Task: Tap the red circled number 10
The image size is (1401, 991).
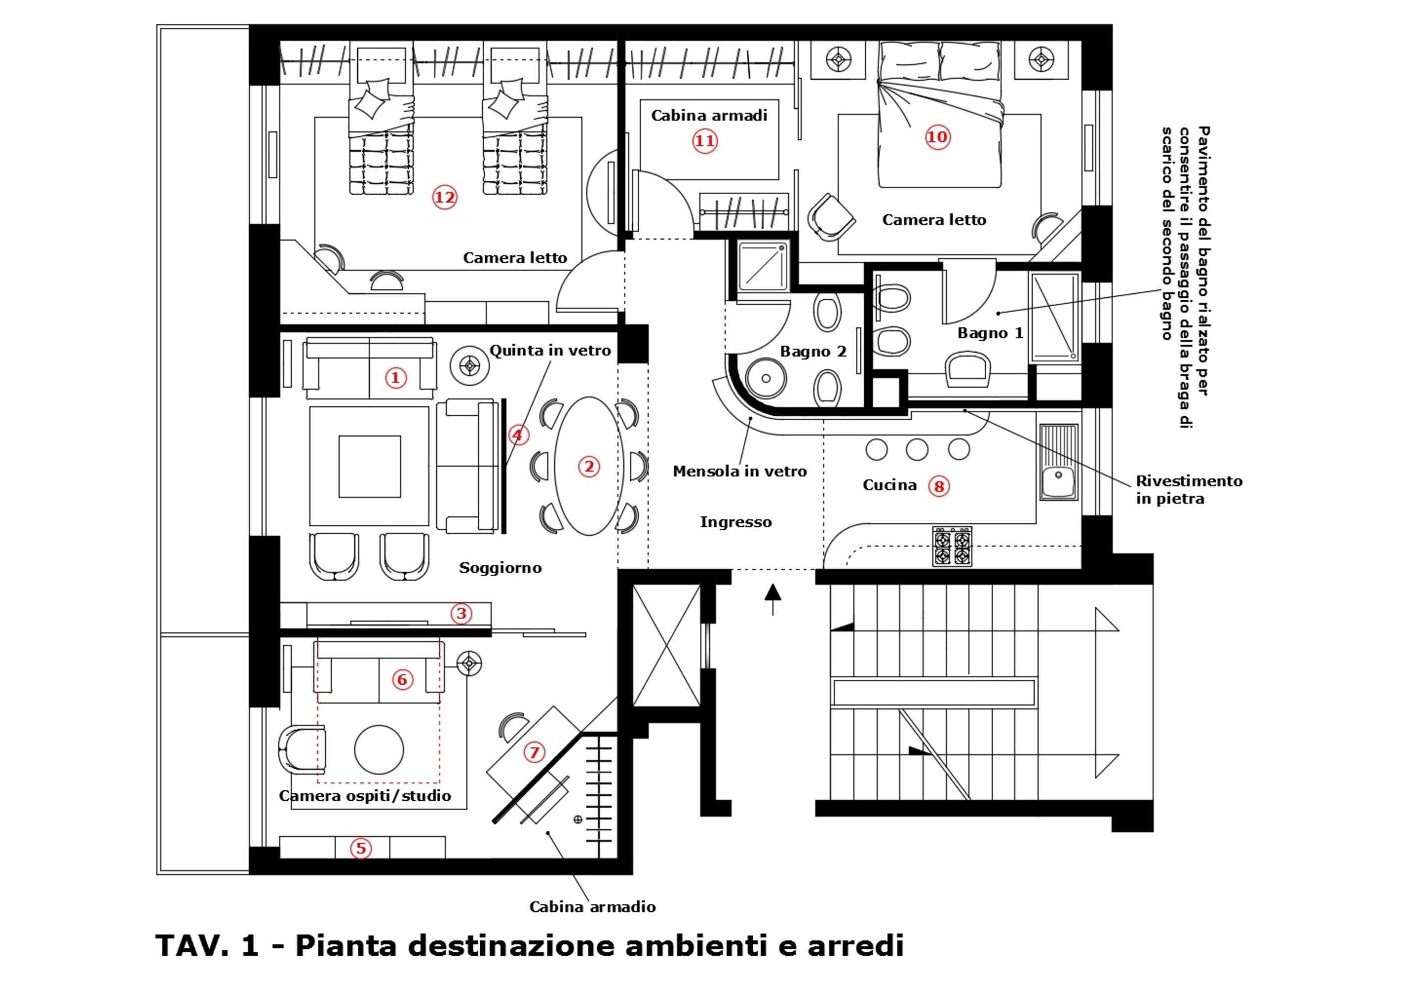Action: pos(937,137)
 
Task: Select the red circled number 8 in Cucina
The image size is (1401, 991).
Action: pos(939,487)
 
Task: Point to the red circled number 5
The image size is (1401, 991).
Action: pos(361,848)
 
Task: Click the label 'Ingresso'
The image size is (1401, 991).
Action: pos(735,522)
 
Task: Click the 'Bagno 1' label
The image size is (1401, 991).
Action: pos(990,333)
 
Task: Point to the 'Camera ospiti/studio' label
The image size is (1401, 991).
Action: pos(365,796)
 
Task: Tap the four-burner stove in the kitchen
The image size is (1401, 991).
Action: pos(952,546)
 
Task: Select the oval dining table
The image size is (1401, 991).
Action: pos(588,467)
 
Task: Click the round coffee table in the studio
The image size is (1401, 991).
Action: pos(379,750)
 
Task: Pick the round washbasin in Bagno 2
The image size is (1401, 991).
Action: pos(766,379)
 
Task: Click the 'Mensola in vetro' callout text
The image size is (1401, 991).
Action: pos(739,471)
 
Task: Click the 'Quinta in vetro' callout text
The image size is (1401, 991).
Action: pos(550,351)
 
